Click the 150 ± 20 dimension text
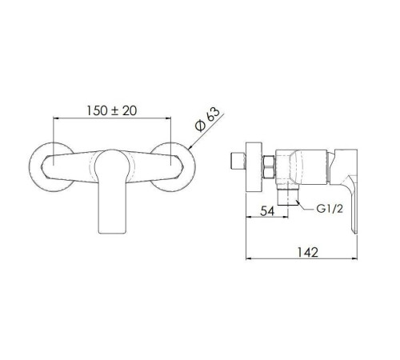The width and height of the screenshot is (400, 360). (112, 110)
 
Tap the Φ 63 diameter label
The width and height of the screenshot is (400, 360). (207, 119)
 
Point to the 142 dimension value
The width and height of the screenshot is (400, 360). (308, 252)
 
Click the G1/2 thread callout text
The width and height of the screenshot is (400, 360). (330, 209)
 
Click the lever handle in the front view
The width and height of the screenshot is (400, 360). (112, 191)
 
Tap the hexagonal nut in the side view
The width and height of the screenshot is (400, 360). (269, 167)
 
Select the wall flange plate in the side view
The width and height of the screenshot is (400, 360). (254, 166)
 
